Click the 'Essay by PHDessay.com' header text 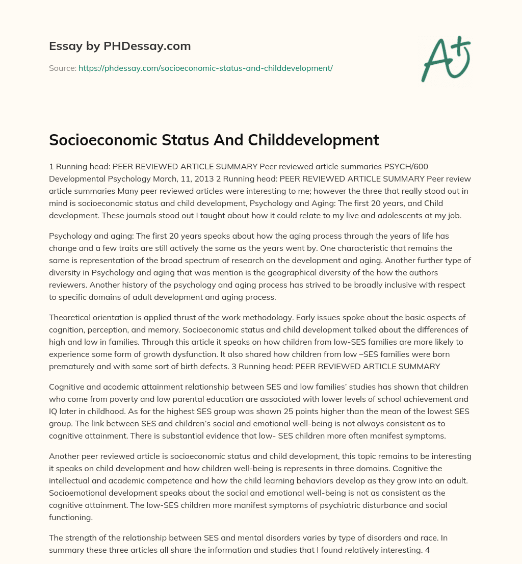120,46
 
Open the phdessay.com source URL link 205,68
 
